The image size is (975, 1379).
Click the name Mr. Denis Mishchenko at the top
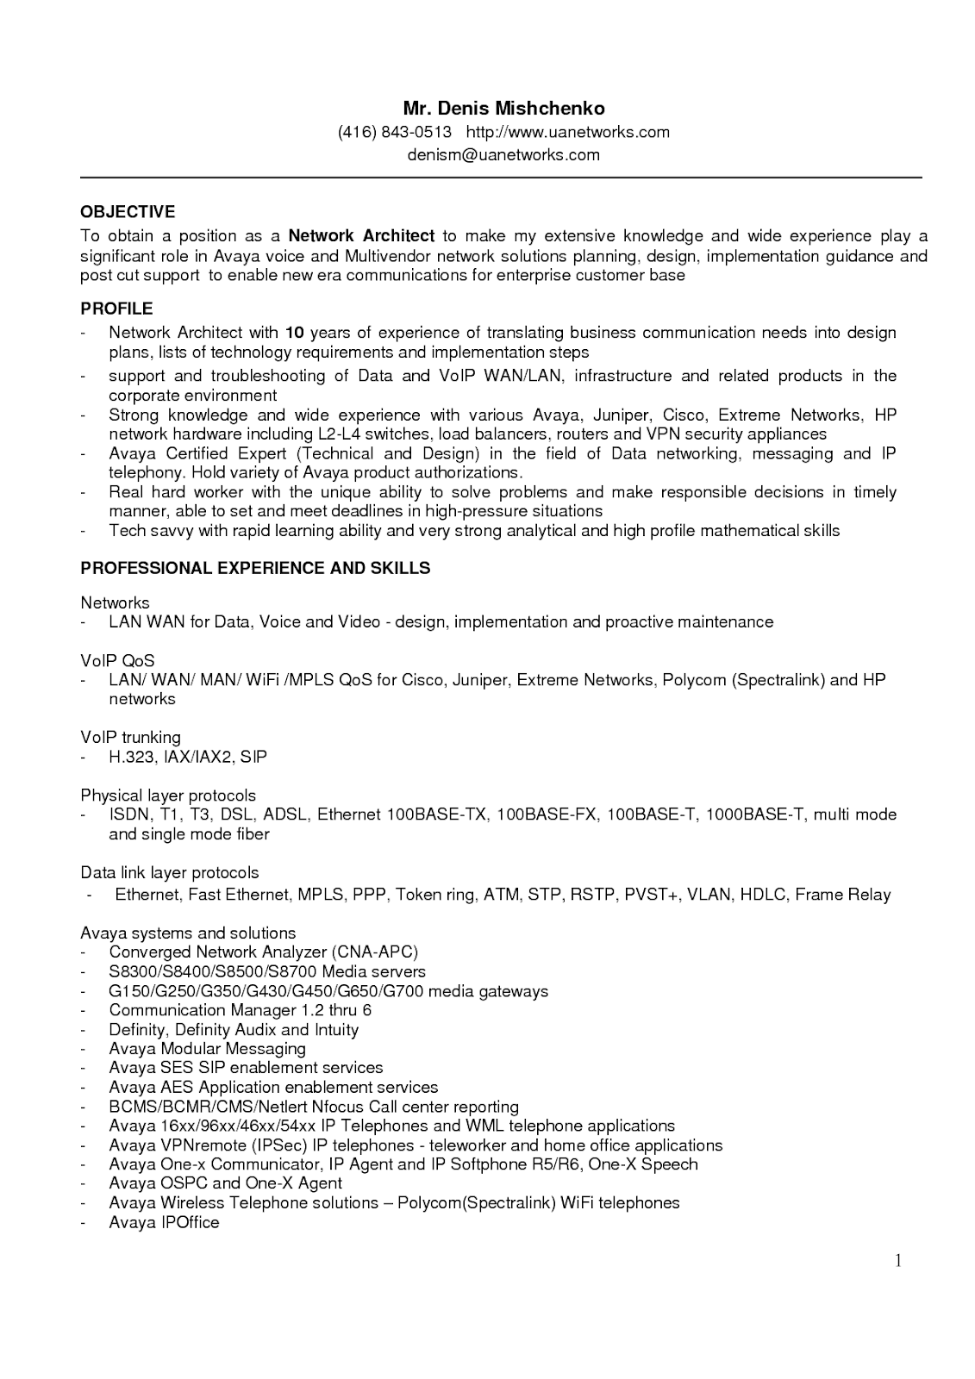[x=503, y=109]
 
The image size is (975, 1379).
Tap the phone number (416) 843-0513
[x=394, y=132]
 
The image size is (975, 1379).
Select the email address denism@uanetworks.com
[x=503, y=155]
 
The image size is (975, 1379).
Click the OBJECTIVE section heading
[x=128, y=212]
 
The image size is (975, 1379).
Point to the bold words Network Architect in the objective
[x=361, y=236]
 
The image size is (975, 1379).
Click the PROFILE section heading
[x=116, y=309]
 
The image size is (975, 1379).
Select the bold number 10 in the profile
[x=294, y=333]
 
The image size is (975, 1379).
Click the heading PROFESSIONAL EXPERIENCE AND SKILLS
[x=255, y=568]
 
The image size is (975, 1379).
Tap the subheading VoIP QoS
[x=117, y=661]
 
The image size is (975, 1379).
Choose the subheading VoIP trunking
[x=130, y=738]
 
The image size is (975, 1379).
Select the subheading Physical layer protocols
[x=168, y=796]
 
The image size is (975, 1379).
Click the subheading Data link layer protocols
[x=169, y=873]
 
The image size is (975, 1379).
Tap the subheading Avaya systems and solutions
[x=188, y=933]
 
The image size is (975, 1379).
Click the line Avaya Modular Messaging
[x=207, y=1049]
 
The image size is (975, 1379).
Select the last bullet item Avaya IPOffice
[x=164, y=1222]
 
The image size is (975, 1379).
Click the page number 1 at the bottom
[x=897, y=1262]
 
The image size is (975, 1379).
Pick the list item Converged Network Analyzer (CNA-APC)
[x=263, y=952]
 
